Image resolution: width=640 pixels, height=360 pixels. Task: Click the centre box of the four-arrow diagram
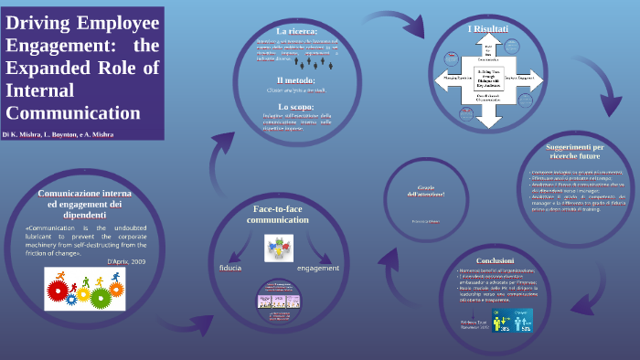488,78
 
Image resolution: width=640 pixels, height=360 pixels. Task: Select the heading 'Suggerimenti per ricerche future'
575,151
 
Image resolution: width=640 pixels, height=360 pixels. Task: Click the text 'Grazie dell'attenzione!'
425,191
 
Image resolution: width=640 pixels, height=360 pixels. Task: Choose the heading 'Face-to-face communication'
278,215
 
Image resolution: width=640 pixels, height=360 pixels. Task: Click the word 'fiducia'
230,268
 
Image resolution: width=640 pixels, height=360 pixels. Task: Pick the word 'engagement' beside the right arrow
318,268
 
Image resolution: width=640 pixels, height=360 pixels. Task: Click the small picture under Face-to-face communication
278,249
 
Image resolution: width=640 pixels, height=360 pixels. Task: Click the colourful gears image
85,289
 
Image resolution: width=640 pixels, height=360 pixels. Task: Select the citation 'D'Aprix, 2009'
126,261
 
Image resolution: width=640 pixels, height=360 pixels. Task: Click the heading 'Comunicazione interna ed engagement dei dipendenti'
85,204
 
